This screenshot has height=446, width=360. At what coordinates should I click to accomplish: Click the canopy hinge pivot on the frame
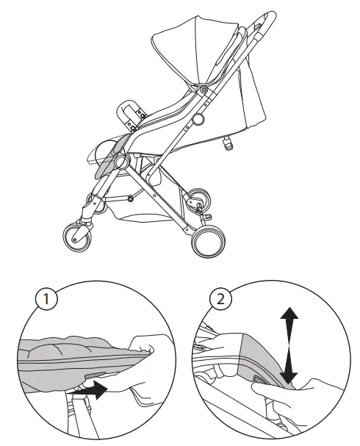(202, 89)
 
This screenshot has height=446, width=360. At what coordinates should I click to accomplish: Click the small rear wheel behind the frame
(195, 200)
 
